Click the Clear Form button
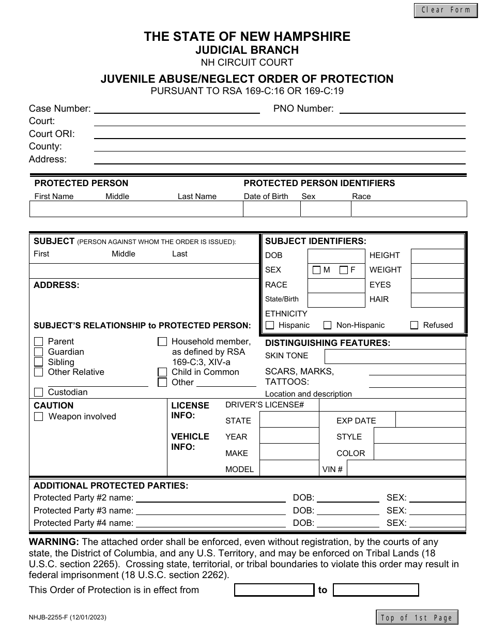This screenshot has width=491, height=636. tap(446, 10)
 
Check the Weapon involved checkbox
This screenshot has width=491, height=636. tap(39, 417)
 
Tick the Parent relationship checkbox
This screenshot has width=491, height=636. tap(39, 342)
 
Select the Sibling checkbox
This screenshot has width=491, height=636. tap(39, 362)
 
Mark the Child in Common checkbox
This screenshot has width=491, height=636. tap(162, 372)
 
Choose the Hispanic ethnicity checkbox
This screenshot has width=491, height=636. tap(270, 325)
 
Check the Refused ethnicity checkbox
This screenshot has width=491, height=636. tap(414, 325)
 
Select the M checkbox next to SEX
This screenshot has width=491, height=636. tap(316, 270)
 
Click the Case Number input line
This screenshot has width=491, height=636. tap(177, 109)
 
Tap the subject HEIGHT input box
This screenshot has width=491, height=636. tap(437, 256)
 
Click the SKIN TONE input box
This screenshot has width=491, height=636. tap(394, 356)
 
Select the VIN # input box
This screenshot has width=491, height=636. tap(406, 469)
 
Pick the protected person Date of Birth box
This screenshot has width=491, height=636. tap(271, 209)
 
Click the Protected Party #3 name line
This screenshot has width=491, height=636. tap(210, 511)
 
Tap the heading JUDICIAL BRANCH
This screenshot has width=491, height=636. tap(247, 50)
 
